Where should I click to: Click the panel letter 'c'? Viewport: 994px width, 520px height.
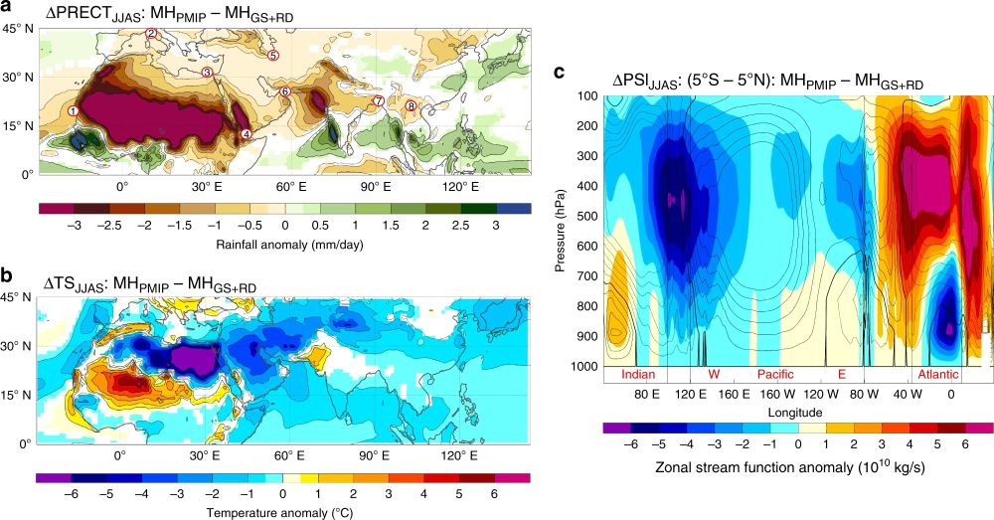pyautogui.click(x=561, y=73)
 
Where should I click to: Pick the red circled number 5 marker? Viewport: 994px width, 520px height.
pyautogui.click(x=273, y=56)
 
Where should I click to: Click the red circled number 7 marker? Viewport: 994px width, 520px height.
pyautogui.click(x=378, y=101)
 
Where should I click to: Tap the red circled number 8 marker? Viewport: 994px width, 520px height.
pyautogui.click(x=411, y=105)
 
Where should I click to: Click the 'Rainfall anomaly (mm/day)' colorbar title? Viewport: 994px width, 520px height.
pyautogui.click(x=284, y=241)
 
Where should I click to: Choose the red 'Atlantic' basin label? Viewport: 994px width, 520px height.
pyautogui.click(x=938, y=375)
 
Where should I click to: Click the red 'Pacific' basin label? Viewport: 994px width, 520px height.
pyautogui.click(x=776, y=375)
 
